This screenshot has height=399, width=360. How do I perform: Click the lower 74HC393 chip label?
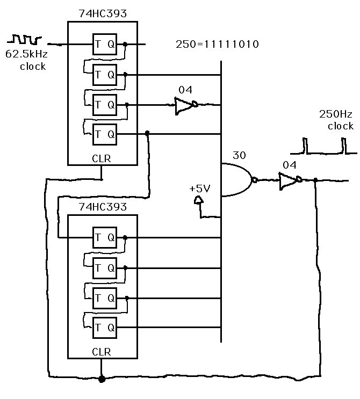pos(102,207)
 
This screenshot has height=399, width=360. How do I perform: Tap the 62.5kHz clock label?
pos(25,60)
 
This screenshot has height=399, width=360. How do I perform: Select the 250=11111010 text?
pos(217,44)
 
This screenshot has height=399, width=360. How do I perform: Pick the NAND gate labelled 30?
pos(236,180)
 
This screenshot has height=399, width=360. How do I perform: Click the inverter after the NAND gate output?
pos(289,180)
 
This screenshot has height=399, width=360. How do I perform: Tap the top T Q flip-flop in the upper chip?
pos(105,45)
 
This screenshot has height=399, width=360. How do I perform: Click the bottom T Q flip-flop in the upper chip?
pos(105,133)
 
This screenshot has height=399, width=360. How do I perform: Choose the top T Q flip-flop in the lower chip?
pos(105,237)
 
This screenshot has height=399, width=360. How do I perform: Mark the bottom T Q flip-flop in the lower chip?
pos(105,326)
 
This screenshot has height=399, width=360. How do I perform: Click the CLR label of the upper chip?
pos(102,158)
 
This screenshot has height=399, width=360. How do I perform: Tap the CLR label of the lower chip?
pos(102,352)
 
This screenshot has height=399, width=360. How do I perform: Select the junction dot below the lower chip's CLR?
pos(102,378)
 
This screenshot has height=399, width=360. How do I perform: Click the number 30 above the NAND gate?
pos(239,155)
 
